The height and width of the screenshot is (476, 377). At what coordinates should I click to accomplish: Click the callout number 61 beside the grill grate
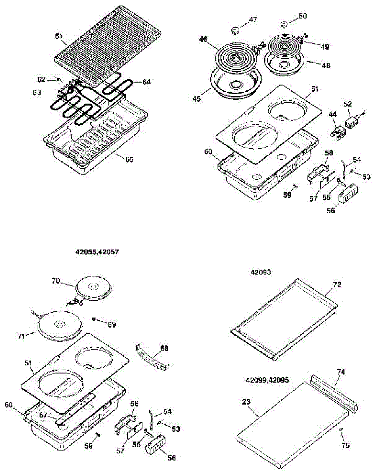[x=59, y=36]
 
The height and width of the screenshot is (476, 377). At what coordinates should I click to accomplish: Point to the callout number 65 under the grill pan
[x=129, y=159]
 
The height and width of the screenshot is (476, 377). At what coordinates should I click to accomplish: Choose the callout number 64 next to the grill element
[x=146, y=82]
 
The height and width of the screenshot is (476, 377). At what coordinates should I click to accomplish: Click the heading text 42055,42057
[x=97, y=251]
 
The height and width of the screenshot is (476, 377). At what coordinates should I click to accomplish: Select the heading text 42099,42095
[x=268, y=380]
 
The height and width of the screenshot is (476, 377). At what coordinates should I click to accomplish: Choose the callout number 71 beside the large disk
[x=21, y=336]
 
